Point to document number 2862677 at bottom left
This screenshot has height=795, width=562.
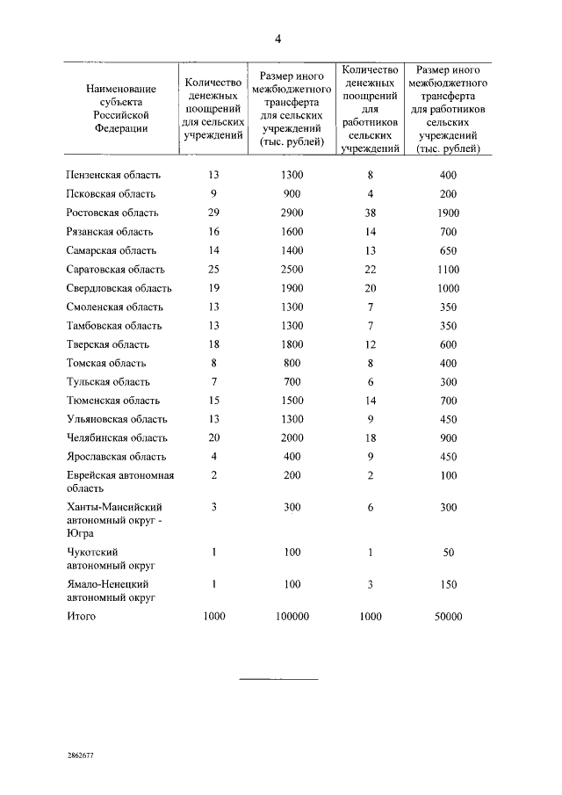tap(81, 755)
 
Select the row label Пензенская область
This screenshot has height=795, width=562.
tap(111, 176)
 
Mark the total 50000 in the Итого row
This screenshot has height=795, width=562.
tap(448, 617)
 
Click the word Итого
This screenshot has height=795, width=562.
tap(82, 617)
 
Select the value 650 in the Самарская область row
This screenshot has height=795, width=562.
tap(448, 250)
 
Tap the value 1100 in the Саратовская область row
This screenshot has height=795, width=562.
tap(448, 270)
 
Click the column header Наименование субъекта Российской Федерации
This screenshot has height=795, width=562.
tap(121, 107)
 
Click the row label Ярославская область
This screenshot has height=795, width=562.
tap(113, 457)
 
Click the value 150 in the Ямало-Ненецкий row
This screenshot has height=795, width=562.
tap(448, 583)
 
